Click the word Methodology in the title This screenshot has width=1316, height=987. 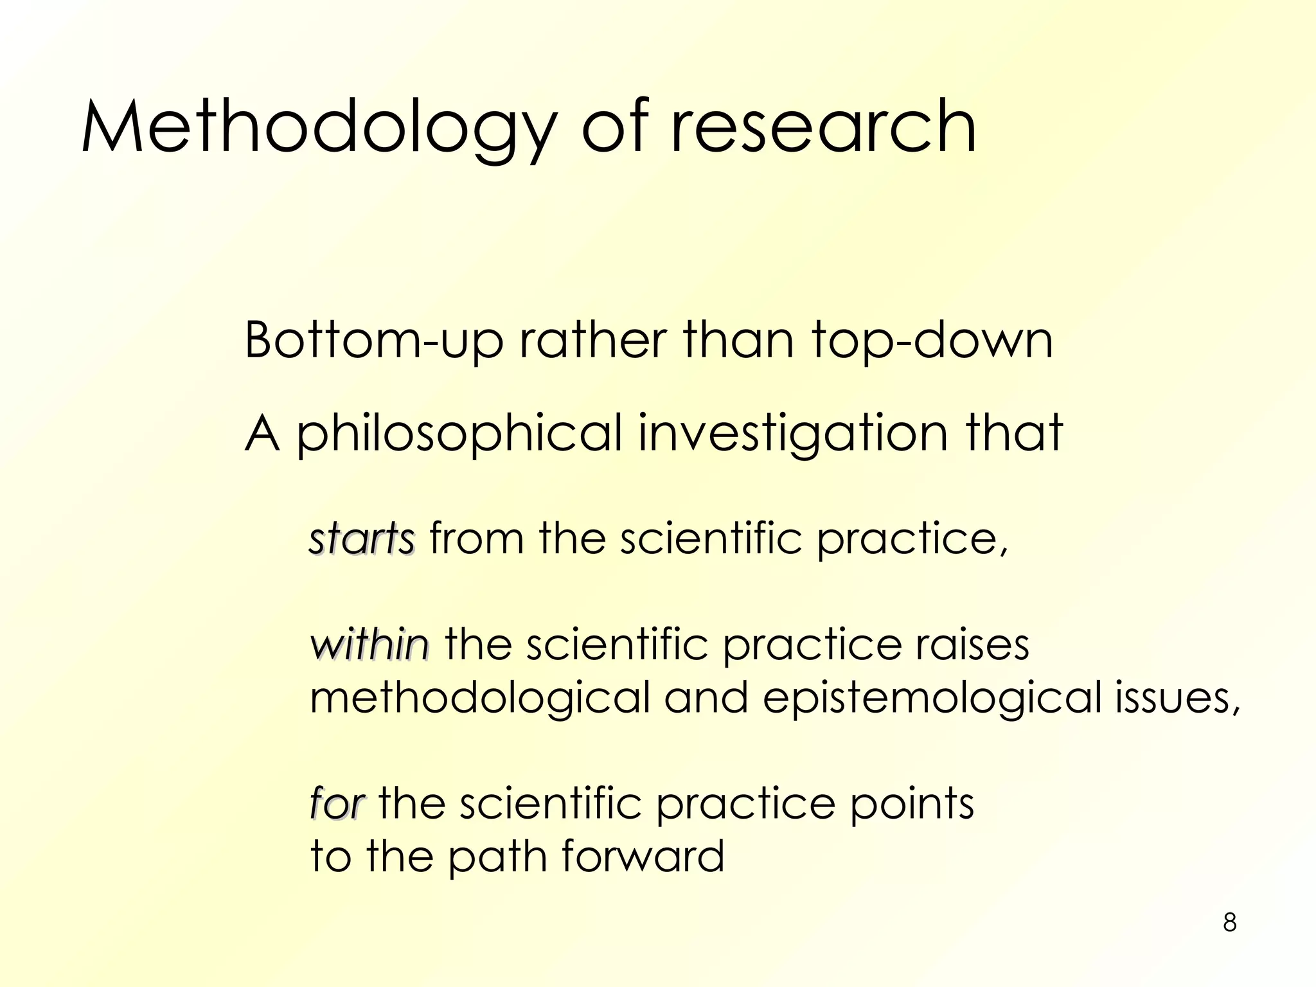click(x=318, y=127)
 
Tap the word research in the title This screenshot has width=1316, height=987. click(x=823, y=127)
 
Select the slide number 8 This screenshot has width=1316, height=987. click(x=1229, y=922)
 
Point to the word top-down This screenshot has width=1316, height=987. click(x=932, y=341)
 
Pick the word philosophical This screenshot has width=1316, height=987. click(x=459, y=434)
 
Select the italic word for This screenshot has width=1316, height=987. click(x=337, y=803)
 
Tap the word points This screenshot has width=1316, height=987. click(x=912, y=803)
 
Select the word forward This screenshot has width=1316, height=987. click(x=643, y=857)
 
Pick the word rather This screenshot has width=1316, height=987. click(x=592, y=341)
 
